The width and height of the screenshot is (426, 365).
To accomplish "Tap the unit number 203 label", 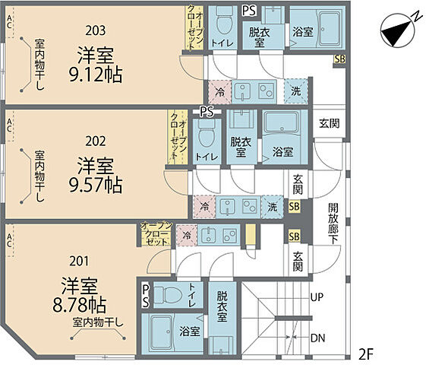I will (95, 30).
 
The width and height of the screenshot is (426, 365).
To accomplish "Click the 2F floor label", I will (365, 354).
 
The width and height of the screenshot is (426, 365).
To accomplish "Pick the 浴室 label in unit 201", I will (189, 331).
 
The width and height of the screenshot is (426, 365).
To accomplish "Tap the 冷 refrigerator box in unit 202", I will (204, 205).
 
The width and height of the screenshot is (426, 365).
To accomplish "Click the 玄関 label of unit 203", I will (329, 123).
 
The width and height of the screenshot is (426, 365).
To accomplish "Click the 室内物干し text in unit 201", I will (98, 323).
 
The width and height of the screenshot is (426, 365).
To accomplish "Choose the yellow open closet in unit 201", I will (158, 236).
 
